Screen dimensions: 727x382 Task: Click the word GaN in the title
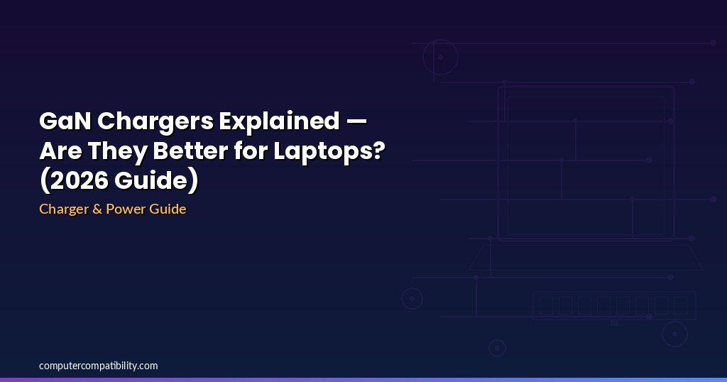click(x=65, y=121)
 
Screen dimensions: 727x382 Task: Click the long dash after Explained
click(x=356, y=122)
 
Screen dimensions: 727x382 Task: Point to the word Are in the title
click(x=60, y=151)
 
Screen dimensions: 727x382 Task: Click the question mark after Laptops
click(x=378, y=151)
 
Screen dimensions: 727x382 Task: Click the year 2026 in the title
click(x=78, y=180)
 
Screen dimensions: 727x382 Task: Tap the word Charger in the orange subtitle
click(x=63, y=209)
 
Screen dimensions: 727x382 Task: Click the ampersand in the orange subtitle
click(x=97, y=209)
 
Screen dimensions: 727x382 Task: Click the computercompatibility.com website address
click(x=98, y=366)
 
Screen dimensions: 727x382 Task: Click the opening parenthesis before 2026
click(x=44, y=181)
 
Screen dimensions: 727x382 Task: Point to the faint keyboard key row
click(x=614, y=305)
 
